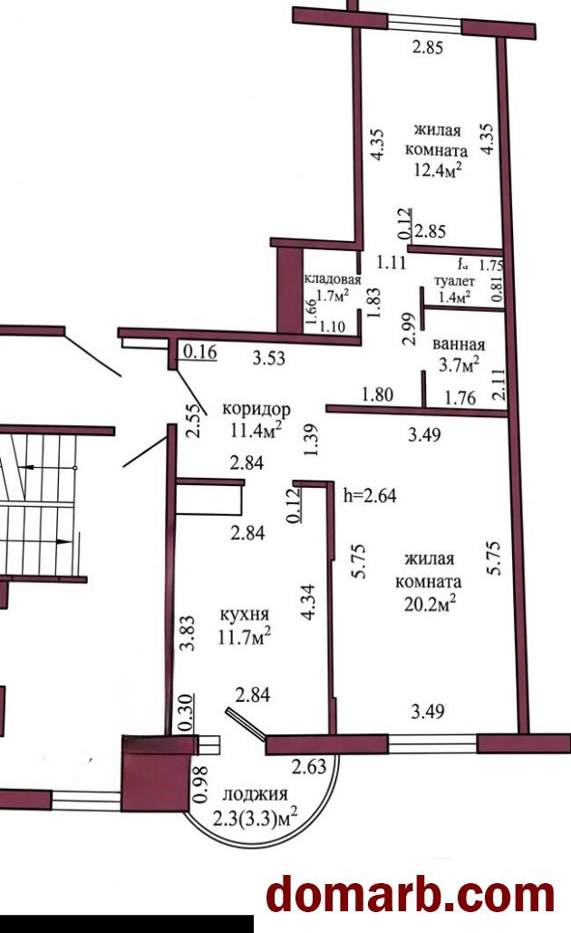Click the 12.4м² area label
pos(438,171)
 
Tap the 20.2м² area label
pos(430,604)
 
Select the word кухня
pos(245,615)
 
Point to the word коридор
pos(256,410)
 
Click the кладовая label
pos(333,279)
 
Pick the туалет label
pos(454,281)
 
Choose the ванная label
pos(459,345)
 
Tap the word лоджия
pos(255,794)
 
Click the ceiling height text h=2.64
pos(370,495)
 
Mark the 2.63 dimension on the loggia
pos(309,766)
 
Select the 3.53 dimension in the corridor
pos(269,357)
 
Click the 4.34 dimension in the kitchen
pos(308,602)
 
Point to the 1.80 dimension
pos(377,395)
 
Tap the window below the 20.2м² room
pos(432,744)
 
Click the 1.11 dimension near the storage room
pos(391,262)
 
